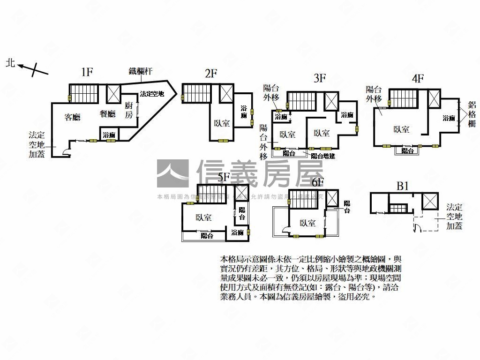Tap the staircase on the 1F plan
pyautogui.click(x=84, y=92)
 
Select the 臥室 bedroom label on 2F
pyautogui.click(x=222, y=123)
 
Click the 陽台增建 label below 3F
pyautogui.click(x=323, y=156)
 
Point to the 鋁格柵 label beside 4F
pyautogui.click(x=471, y=114)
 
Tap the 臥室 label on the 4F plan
pyautogui.click(x=401, y=129)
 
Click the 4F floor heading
pyautogui.click(x=417, y=78)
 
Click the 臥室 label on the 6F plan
pyautogui.click(x=307, y=224)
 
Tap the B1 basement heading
pyautogui.click(x=403, y=186)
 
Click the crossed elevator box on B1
pyautogui.click(x=430, y=201)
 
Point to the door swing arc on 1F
pyautogui.click(x=66, y=151)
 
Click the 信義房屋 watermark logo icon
pyautogui.click(x=172, y=173)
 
